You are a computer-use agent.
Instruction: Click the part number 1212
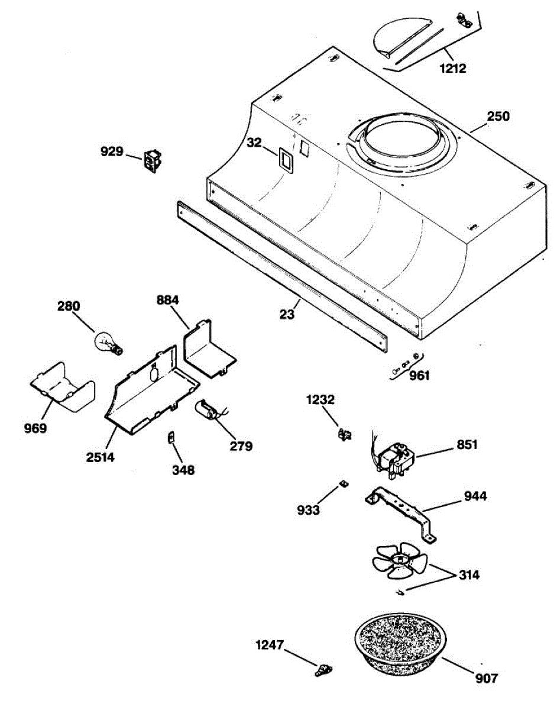[452, 68]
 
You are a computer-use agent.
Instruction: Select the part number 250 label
[498, 117]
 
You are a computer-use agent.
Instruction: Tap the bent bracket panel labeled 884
[209, 349]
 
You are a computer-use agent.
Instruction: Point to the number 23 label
[287, 315]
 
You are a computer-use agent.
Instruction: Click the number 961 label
[420, 375]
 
